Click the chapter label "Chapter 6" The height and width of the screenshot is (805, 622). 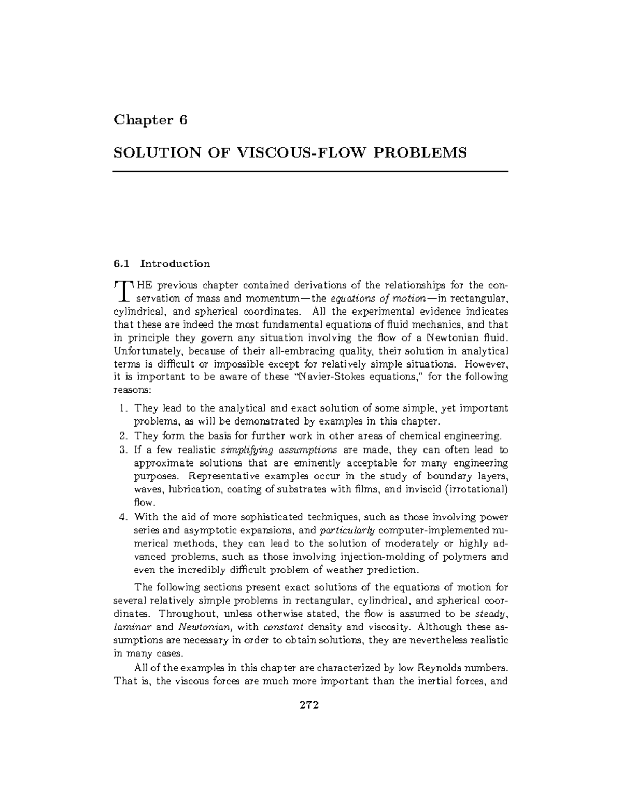[x=150, y=120]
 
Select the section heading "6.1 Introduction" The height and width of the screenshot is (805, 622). [x=162, y=264]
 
